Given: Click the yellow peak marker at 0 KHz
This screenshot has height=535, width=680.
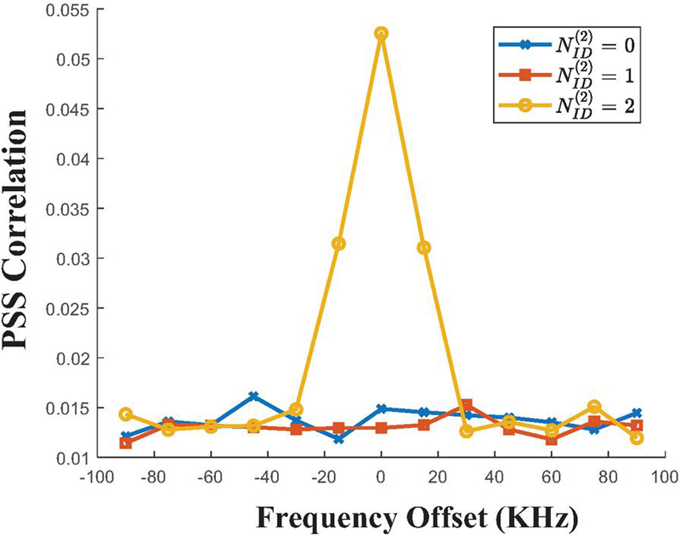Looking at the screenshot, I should click(x=382, y=34).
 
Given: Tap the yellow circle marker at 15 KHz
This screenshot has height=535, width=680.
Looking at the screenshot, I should click(x=424, y=247).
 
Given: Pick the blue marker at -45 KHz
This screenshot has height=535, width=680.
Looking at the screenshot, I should click(x=253, y=397).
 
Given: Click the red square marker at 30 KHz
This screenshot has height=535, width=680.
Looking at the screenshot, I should click(x=467, y=406).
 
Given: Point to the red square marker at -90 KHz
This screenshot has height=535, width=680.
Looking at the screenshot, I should click(x=126, y=442).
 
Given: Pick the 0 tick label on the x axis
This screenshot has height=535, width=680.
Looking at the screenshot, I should click(x=382, y=477).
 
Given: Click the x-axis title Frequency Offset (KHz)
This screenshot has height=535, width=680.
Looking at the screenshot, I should click(x=382, y=515).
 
